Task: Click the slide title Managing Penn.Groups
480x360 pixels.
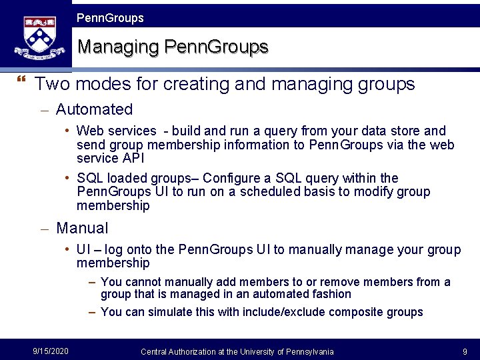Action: point(173,47)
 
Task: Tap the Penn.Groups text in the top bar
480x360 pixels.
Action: point(110,18)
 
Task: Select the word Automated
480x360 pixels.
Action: point(94,109)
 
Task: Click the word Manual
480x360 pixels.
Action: point(82,228)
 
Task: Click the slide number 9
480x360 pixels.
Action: point(464,351)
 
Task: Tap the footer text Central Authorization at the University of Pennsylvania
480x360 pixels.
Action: point(237,351)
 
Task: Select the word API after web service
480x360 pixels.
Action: point(134,159)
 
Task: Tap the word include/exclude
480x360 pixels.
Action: point(284,312)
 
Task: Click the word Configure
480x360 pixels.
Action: point(233,179)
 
